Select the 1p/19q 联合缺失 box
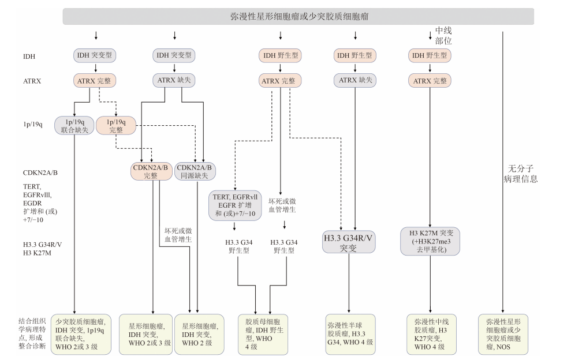[73, 125]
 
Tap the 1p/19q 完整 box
[115, 125]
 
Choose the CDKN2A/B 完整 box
[151, 171]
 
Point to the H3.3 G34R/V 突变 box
[348, 242]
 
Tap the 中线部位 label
[443, 36]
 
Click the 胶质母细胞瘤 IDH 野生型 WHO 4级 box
[263, 334]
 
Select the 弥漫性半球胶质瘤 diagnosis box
[350, 334]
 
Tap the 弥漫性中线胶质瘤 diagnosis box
[430, 334]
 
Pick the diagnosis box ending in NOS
[503, 334]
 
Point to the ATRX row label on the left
[32, 81]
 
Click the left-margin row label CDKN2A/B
[39, 172]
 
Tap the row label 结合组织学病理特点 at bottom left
[32, 333]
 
